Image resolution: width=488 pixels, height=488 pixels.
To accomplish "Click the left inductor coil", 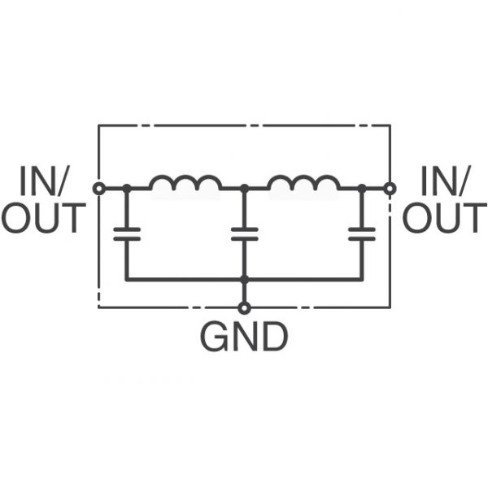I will pyautogui.click(x=185, y=185).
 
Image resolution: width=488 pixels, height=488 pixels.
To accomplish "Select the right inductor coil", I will pyautogui.click(x=303, y=185).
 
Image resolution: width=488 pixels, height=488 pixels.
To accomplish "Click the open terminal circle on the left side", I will pyautogui.click(x=98, y=189).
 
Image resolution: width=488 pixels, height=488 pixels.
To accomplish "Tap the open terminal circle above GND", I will pyautogui.click(x=244, y=307).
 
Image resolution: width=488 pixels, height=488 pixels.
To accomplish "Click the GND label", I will pyautogui.click(x=244, y=338).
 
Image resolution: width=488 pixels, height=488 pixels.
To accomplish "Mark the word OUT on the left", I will pyautogui.click(x=43, y=218).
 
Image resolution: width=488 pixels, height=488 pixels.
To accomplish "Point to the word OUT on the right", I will pyautogui.click(x=444, y=218).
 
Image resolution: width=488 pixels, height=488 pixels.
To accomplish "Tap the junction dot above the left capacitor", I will pyautogui.click(x=126, y=189).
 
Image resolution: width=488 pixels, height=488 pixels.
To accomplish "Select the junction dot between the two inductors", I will pyautogui.click(x=244, y=189).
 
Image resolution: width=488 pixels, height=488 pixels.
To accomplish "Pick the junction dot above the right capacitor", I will pyautogui.click(x=361, y=189).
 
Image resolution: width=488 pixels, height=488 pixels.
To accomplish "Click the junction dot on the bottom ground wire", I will pyautogui.click(x=244, y=280).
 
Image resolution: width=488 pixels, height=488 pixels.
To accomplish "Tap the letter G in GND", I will pyautogui.click(x=216, y=338).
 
